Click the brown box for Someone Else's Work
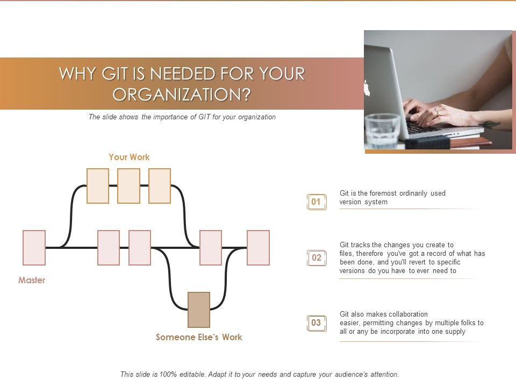(x=199, y=310)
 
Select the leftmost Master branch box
(x=34, y=248)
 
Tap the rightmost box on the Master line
(x=258, y=248)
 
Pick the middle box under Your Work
(x=128, y=186)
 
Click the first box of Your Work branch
(x=98, y=186)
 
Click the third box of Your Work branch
(x=160, y=186)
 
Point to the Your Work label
(x=129, y=157)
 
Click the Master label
(x=32, y=280)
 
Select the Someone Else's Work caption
(x=199, y=337)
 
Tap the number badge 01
(x=316, y=202)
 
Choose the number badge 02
(x=316, y=258)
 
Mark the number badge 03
(x=316, y=323)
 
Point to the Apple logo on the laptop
(x=368, y=88)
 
